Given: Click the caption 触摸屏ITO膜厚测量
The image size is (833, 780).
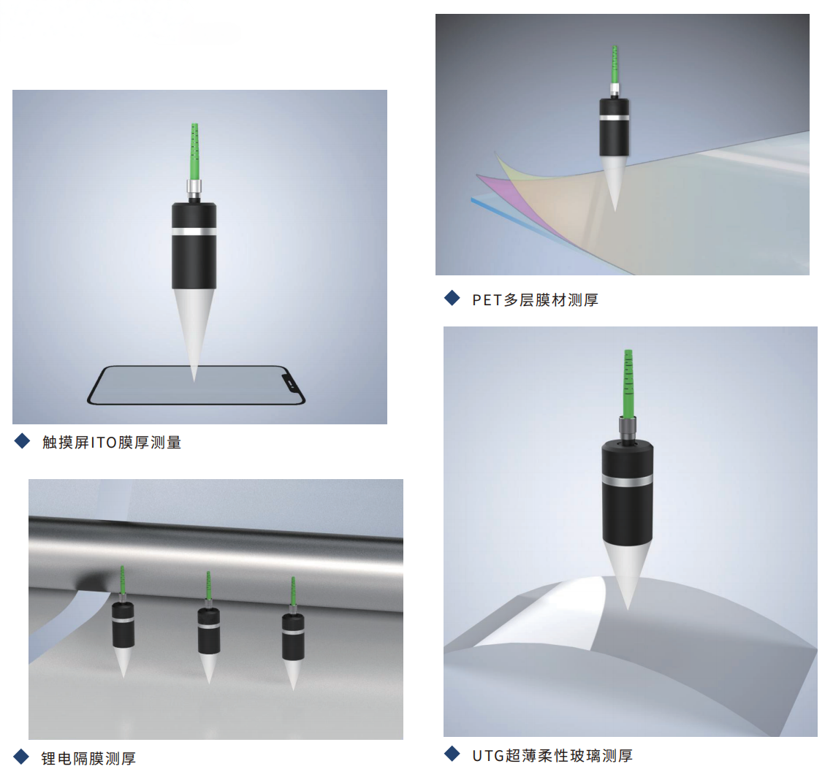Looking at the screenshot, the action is click(112, 443).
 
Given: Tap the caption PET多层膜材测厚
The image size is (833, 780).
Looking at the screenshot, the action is click(536, 300).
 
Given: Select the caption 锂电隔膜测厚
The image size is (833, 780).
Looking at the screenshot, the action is click(88, 758).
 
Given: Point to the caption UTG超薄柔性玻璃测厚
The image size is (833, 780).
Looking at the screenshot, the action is click(552, 756).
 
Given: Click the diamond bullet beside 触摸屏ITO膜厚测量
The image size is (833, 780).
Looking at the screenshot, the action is click(23, 440).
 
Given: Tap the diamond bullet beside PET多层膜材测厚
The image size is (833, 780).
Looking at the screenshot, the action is click(452, 298).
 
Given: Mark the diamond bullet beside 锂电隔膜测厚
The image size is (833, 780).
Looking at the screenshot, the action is click(21, 757).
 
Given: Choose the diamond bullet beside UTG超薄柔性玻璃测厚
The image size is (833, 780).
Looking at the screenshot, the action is click(452, 754).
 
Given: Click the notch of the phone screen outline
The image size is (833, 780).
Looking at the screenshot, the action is click(289, 380).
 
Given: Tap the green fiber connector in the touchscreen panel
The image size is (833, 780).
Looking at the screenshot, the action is click(194, 152).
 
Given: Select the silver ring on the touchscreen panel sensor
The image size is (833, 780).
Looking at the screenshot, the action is click(194, 232).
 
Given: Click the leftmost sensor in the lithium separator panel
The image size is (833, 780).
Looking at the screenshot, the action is click(123, 622).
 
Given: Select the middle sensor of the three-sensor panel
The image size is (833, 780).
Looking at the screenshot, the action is click(209, 627).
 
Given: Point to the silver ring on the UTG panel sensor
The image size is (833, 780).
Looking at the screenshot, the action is click(628, 481).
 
